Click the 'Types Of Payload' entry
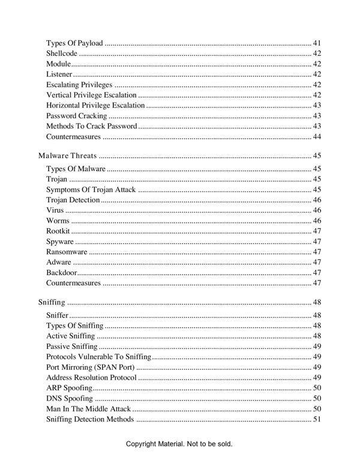pyautogui.click(x=74, y=43)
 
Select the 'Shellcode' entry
pyautogui.click(x=61, y=53)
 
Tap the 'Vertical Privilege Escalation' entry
pyautogui.click(x=91, y=95)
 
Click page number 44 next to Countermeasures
pyautogui.click(x=317, y=136)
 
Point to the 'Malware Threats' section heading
pyautogui.click(x=67, y=156)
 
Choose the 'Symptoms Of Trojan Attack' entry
pyautogui.click(x=91, y=190)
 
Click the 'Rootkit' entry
pyautogui.click(x=58, y=231)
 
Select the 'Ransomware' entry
pyautogui.click(x=67, y=252)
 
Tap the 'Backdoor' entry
pyautogui.click(x=61, y=273)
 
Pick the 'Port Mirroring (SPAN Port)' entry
pyautogui.click(x=90, y=367)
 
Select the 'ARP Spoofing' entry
pyautogui.click(x=69, y=388)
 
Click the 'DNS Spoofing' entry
pyautogui.click(x=69, y=398)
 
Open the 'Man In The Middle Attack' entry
pyautogui.click(x=88, y=408)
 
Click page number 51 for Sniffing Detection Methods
pyautogui.click(x=317, y=419)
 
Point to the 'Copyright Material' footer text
pyautogui.click(x=179, y=444)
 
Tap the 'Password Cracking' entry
pyautogui.click(x=76, y=115)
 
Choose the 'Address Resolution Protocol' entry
pyautogui.click(x=91, y=377)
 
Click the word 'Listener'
pyautogui.click(x=59, y=74)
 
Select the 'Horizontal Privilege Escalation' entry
pyautogui.click(x=95, y=105)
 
